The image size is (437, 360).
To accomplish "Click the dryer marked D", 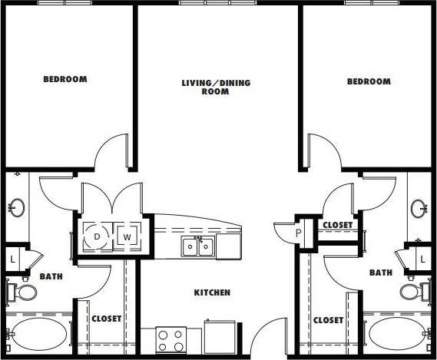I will click(97, 236).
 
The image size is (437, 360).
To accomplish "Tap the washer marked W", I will click(127, 236).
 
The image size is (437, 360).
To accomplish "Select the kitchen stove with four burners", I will click(171, 339).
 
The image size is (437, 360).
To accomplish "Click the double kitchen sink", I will click(197, 246).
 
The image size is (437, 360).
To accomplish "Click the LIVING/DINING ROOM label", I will click(216, 87).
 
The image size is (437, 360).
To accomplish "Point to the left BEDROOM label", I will click(65, 79).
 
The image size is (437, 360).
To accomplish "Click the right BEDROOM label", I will click(368, 81).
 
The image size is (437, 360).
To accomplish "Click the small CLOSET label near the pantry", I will click(337, 225).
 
